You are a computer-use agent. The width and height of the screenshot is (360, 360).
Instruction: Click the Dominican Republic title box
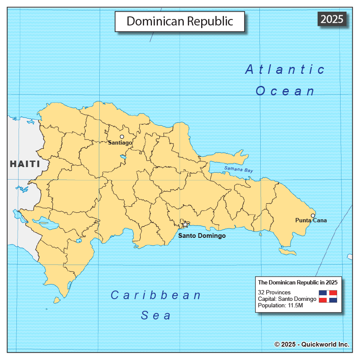click(180, 21)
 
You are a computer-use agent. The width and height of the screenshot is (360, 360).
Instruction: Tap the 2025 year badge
click(332, 19)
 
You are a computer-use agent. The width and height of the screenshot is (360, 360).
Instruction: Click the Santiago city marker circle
click(122, 137)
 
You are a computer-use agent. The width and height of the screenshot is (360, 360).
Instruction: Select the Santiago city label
click(120, 143)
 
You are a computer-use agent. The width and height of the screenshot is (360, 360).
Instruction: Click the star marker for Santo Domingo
click(185, 224)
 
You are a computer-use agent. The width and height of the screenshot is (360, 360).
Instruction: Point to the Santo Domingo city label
click(202, 236)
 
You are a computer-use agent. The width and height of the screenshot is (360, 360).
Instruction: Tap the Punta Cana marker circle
click(313, 215)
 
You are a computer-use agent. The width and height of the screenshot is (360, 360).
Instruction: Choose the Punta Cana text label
click(311, 221)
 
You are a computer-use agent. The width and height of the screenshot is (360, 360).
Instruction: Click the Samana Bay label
click(238, 170)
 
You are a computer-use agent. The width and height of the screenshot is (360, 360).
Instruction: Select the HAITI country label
click(25, 164)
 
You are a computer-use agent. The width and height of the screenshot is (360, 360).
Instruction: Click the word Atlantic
click(285, 69)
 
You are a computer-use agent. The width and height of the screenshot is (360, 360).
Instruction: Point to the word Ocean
click(285, 91)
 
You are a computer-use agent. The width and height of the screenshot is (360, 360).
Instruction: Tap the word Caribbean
click(156, 295)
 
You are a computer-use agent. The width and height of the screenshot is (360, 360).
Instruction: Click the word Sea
click(156, 316)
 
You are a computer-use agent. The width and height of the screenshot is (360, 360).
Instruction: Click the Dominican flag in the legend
click(328, 296)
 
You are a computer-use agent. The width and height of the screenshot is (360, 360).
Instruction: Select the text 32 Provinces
click(274, 293)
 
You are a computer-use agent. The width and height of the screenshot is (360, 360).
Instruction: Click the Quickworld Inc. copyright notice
click(312, 344)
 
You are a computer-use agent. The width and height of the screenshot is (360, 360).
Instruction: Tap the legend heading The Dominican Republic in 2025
click(297, 282)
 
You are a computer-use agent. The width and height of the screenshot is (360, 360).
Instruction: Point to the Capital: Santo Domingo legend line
click(287, 299)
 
